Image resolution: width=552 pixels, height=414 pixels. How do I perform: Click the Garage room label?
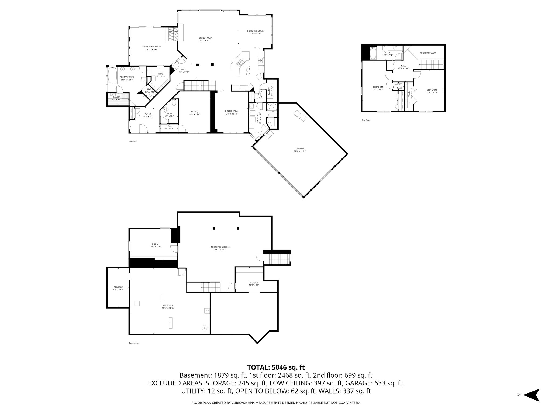point(300,149)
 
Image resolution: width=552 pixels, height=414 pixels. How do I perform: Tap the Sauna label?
point(116,97)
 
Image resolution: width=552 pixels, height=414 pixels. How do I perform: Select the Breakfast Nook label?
point(255,31)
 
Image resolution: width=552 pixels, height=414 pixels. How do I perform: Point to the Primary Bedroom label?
point(152,47)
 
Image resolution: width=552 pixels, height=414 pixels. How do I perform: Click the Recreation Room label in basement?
point(220,247)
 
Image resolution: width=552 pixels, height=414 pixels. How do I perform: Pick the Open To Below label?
point(428,53)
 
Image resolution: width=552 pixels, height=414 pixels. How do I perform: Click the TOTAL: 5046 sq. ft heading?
point(276,367)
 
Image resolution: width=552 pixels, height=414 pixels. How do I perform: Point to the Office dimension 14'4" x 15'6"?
point(194,115)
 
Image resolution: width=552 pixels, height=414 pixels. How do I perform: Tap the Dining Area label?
point(231,111)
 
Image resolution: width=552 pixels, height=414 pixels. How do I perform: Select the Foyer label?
point(148,114)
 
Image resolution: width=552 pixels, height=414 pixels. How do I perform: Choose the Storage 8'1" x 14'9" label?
point(118,287)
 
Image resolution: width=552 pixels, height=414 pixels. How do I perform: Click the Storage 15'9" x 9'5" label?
point(254,283)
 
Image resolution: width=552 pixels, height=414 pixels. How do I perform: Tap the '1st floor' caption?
point(133,141)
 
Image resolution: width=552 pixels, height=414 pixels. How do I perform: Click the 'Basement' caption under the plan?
point(134,343)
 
